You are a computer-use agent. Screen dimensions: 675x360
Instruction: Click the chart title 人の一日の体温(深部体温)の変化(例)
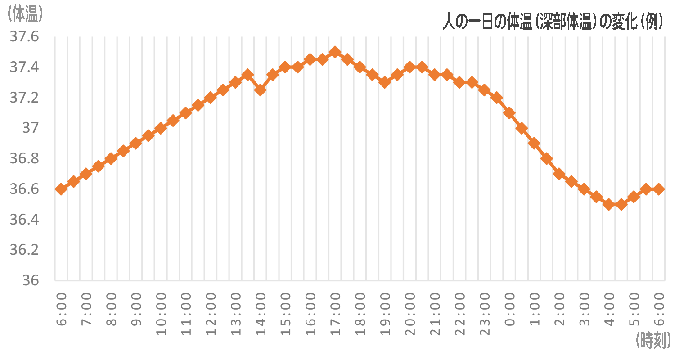coord(553,22)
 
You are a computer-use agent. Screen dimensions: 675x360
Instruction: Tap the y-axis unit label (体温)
coord(25,14)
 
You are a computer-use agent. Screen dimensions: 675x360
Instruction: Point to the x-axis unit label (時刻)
coord(654,340)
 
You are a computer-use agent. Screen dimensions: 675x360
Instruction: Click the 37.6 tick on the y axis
coord(24,37)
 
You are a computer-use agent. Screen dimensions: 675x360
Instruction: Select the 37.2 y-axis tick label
coord(24,98)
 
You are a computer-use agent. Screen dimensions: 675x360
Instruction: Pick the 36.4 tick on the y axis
coord(24,220)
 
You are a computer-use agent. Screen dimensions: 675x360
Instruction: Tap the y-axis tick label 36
coord(31,280)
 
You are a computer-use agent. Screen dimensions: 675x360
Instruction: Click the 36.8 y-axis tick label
coord(24,158)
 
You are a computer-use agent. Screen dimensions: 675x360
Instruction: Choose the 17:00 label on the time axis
coord(335,314)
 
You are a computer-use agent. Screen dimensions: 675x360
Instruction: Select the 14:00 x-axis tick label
coord(261,314)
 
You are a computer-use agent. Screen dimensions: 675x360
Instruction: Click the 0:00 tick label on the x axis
coord(509,310)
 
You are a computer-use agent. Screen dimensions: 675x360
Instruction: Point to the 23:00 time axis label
coord(485,314)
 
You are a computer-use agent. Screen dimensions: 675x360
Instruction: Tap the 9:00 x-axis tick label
coord(136,310)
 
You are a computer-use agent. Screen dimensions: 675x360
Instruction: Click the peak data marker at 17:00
coord(335,52)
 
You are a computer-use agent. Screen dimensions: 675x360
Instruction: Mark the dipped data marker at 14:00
coord(260,90)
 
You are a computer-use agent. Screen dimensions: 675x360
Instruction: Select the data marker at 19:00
coord(384,82)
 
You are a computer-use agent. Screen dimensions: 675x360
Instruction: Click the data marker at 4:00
coord(609,205)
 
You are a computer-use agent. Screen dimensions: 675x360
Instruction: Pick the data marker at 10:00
coord(160,128)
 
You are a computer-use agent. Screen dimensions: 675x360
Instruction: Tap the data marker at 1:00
coord(534,144)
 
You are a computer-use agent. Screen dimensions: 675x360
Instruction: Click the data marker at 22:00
coord(459,82)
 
